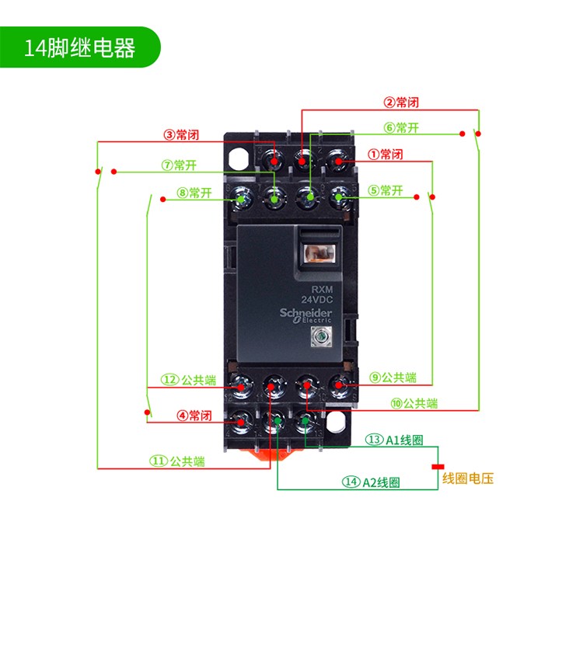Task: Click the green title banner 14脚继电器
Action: (79, 47)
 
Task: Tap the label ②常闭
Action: (401, 102)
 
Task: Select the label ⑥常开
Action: (401, 127)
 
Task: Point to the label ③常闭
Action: (181, 134)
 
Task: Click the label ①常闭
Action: (386, 154)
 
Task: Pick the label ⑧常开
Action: (194, 193)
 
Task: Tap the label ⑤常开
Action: (386, 190)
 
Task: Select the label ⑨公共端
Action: (393, 377)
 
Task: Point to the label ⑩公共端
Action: (414, 403)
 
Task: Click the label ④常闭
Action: (194, 416)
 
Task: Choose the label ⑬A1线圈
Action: (395, 440)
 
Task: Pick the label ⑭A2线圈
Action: (371, 482)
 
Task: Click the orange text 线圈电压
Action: (468, 478)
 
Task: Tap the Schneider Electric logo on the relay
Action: (305, 314)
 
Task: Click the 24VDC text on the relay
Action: (316, 299)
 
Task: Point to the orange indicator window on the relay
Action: (318, 253)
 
